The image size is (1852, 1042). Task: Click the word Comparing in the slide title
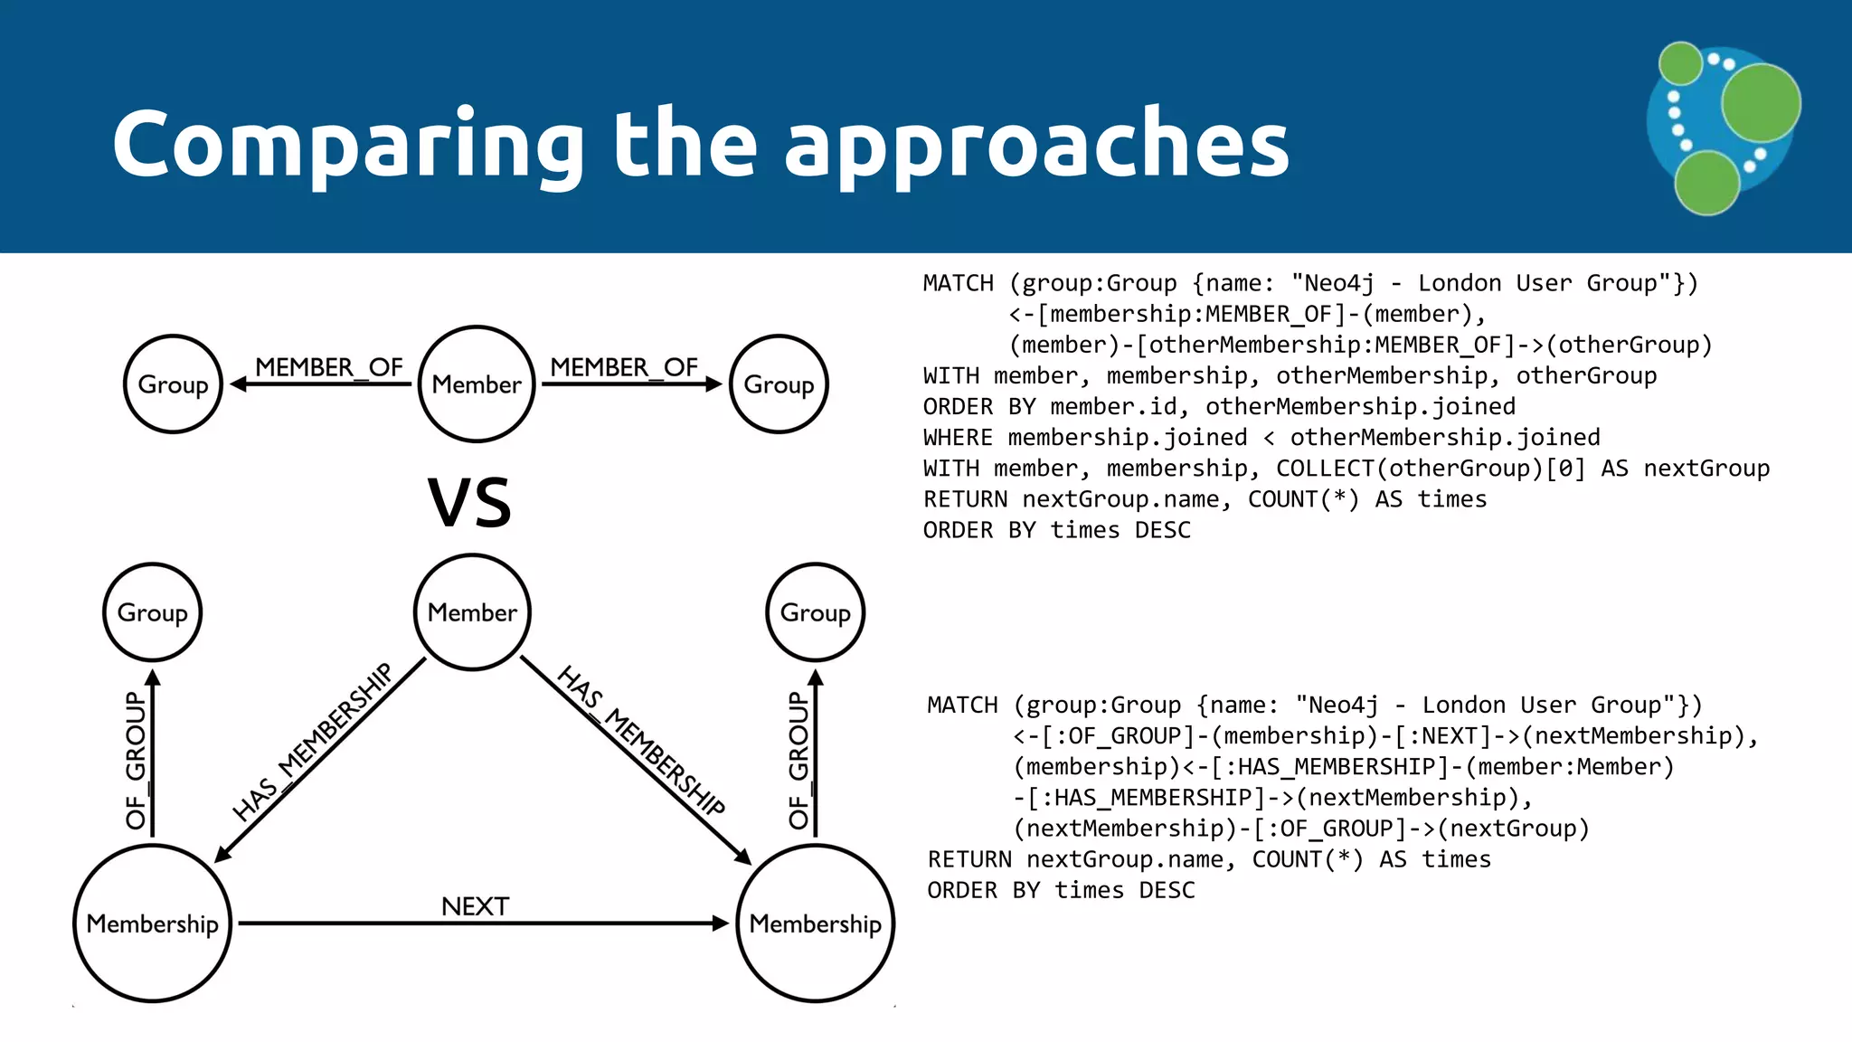(x=348, y=145)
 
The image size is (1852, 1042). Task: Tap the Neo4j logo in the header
(x=1723, y=127)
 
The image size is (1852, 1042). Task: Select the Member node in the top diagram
(x=477, y=384)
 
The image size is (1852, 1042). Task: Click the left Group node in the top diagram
(x=173, y=384)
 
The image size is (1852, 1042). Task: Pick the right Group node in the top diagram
(x=779, y=384)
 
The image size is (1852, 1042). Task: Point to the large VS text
(x=469, y=503)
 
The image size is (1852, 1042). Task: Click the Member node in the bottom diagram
(x=472, y=612)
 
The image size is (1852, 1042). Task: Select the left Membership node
(x=152, y=924)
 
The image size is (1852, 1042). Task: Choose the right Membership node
(x=815, y=924)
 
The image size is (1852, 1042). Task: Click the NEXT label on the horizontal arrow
(x=475, y=906)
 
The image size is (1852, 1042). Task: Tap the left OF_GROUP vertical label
(x=136, y=760)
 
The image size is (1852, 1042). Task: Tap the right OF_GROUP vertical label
(x=798, y=760)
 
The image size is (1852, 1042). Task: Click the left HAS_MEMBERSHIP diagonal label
(x=313, y=742)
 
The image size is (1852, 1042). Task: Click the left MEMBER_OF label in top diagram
(x=328, y=367)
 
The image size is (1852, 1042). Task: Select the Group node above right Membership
(x=815, y=612)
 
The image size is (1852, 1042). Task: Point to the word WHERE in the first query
(x=958, y=438)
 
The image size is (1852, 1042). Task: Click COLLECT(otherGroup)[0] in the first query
(x=1431, y=469)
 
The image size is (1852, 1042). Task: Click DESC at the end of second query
(x=1167, y=891)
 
